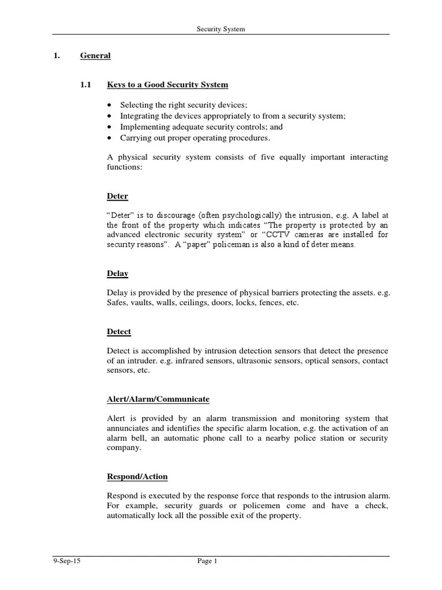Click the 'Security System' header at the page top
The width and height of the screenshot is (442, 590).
221,29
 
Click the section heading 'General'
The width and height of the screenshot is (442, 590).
95,56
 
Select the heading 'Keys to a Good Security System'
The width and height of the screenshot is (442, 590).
167,85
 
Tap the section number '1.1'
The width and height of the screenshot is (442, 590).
86,85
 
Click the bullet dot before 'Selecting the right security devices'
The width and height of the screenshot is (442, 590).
110,105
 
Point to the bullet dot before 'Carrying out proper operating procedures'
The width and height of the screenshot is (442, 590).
110,138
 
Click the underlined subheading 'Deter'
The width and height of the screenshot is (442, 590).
117,196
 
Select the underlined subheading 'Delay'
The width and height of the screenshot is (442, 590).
117,274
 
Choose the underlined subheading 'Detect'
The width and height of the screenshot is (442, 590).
119,332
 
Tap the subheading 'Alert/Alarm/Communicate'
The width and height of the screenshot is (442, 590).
158,399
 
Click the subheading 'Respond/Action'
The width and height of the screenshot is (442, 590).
138,477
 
